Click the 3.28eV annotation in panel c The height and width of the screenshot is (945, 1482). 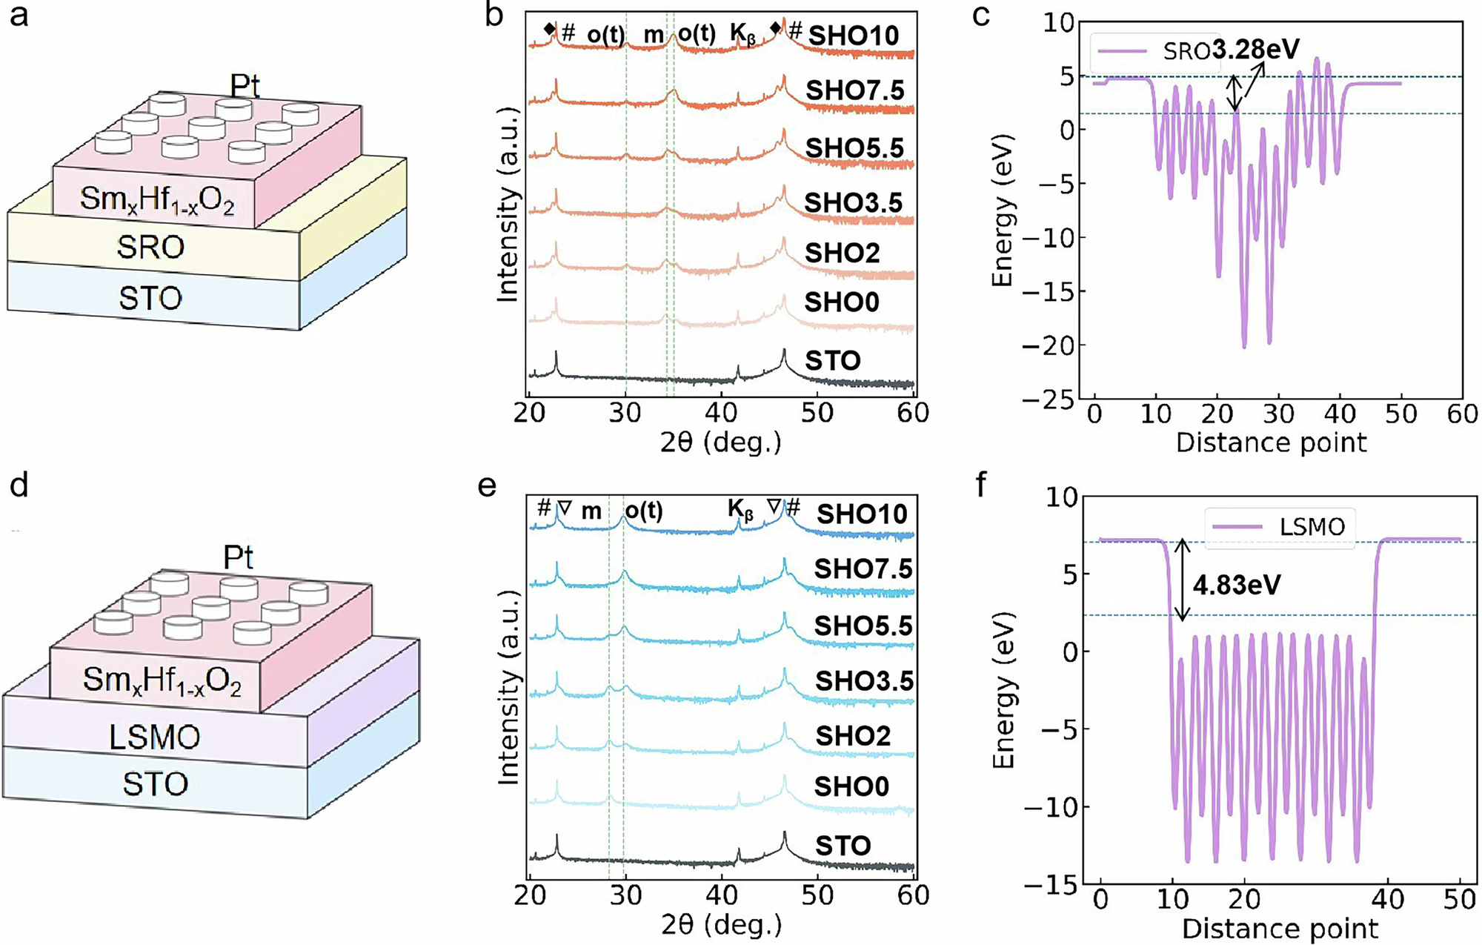pos(1256,50)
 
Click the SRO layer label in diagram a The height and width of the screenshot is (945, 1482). pos(150,247)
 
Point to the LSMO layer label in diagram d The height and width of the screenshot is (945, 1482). pos(154,737)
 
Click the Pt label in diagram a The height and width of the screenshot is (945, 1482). pos(245,87)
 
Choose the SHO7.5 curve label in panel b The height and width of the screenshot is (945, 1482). pos(855,90)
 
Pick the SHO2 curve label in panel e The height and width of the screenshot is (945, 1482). pos(853,735)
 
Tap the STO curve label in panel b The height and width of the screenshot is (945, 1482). pos(833,361)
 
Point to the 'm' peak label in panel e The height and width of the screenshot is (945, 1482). pos(591,511)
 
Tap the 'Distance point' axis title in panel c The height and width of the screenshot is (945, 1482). pos(1271,442)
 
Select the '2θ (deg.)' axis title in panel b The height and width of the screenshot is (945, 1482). pos(721,442)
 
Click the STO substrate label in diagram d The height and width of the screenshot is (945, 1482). pos(155,784)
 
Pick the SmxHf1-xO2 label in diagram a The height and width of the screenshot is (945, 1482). pos(157,199)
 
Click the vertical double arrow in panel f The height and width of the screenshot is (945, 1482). pos(1183,580)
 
